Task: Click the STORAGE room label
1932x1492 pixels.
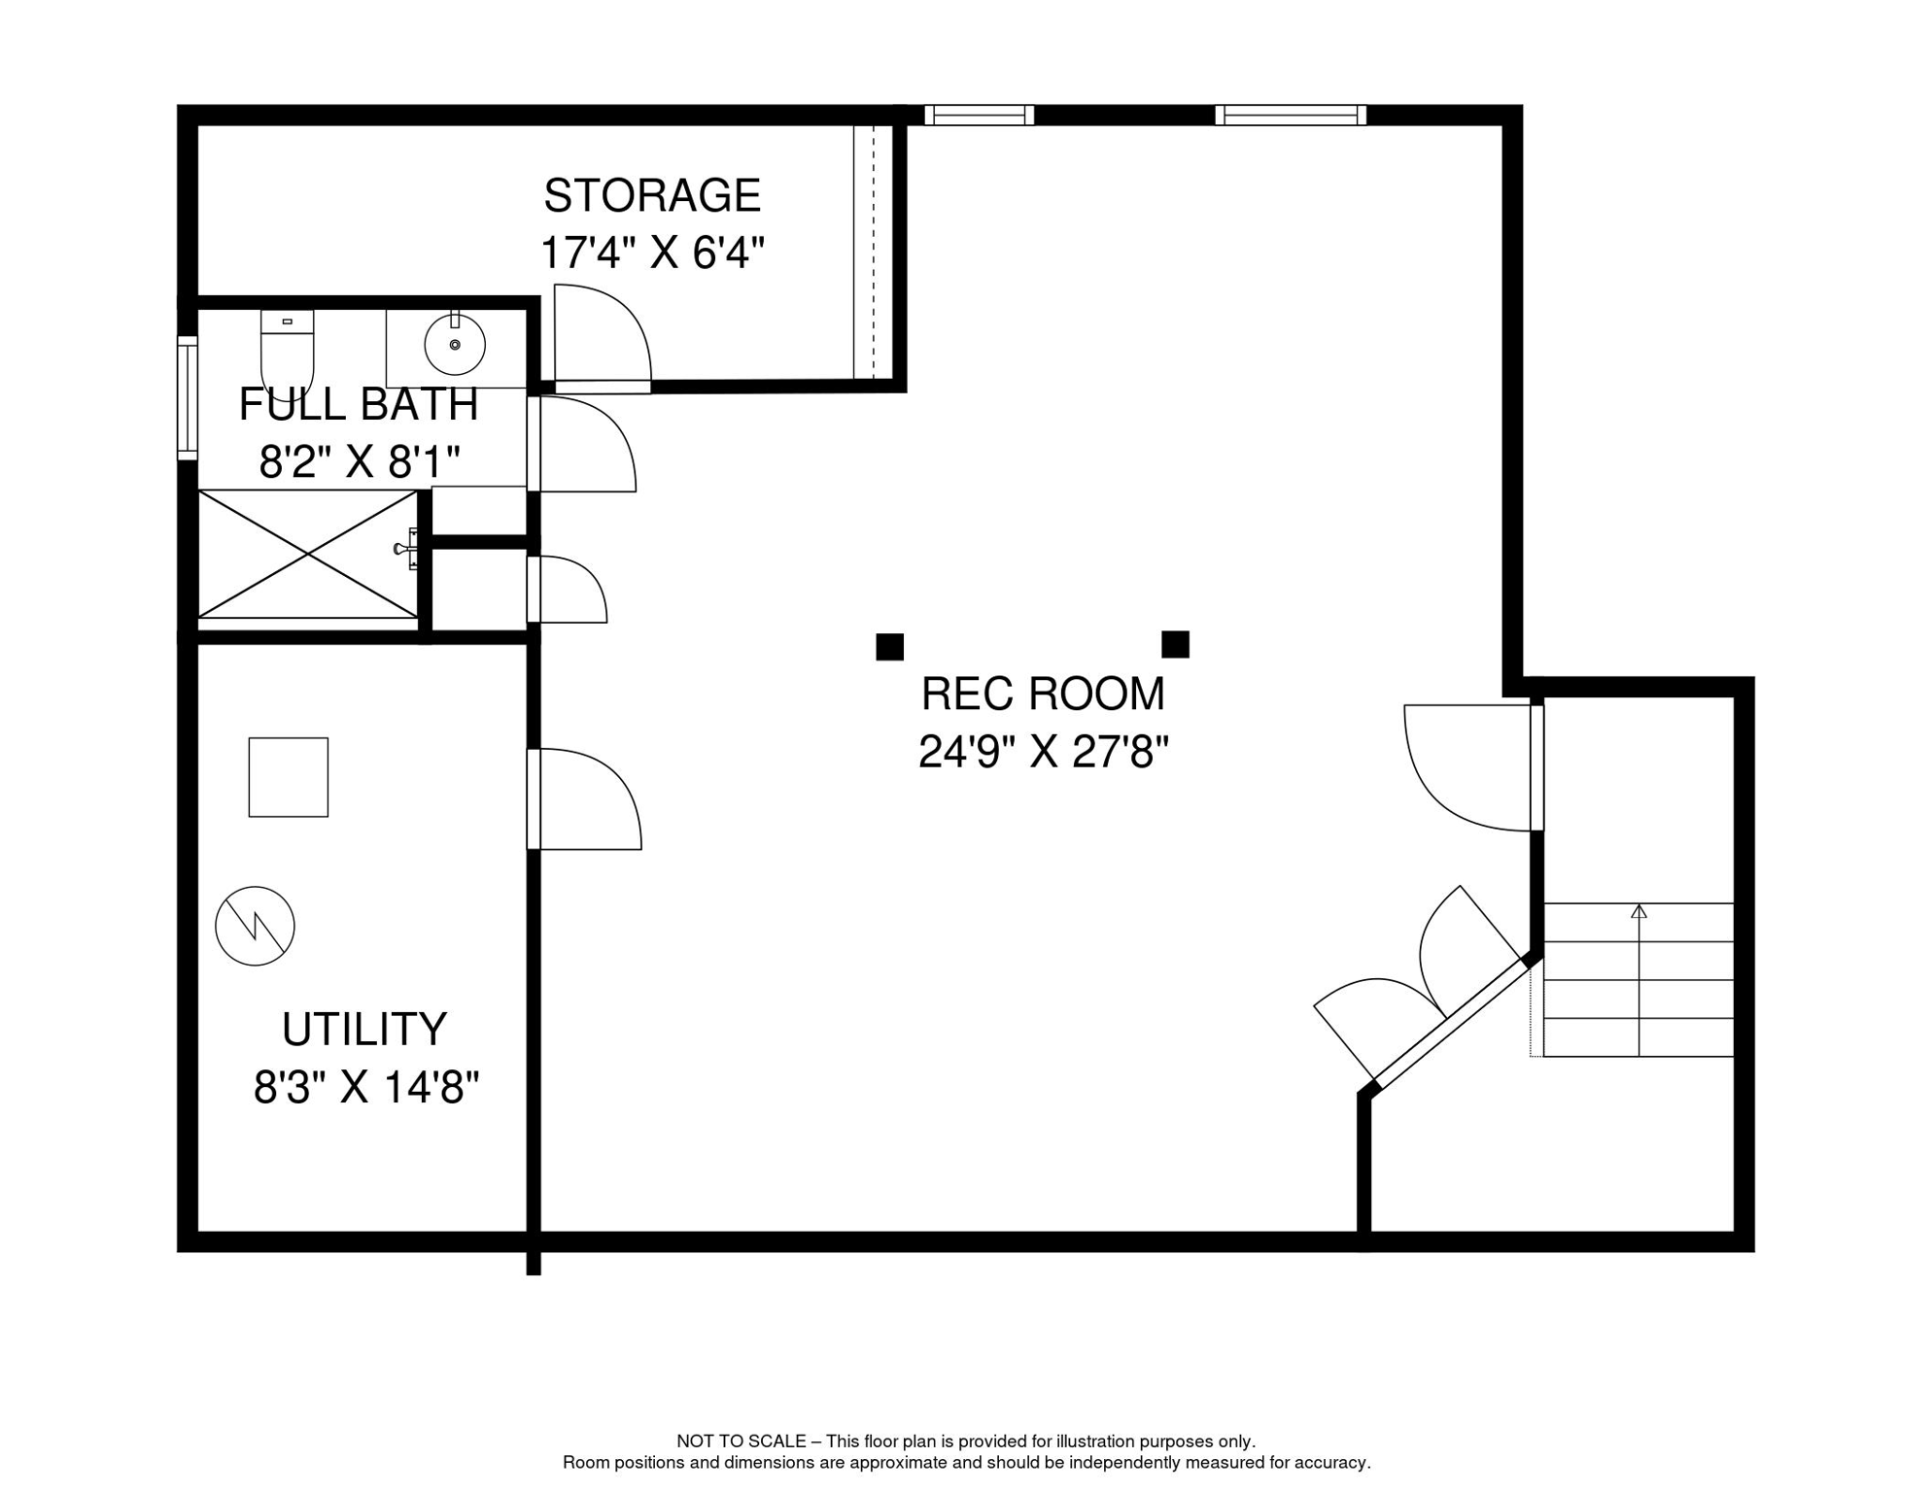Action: [x=652, y=196]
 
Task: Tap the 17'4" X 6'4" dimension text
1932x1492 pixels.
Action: [x=652, y=254]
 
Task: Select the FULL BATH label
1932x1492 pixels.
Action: [x=359, y=404]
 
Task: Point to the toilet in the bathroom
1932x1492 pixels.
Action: [x=287, y=352]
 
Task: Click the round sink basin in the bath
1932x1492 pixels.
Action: [x=455, y=345]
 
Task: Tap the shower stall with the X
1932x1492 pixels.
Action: [x=308, y=554]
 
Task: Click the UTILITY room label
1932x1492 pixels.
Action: [x=364, y=1030]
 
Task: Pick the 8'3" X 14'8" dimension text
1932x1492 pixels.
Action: [x=366, y=1088]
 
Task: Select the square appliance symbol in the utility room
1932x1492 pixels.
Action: [x=289, y=777]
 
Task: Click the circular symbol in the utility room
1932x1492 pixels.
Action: [x=255, y=926]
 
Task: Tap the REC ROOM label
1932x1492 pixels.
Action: [x=1043, y=694]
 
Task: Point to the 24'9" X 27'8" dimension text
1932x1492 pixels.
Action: [x=1043, y=752]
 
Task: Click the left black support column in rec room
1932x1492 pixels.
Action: [x=890, y=647]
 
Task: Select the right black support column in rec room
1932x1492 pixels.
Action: [x=1176, y=644]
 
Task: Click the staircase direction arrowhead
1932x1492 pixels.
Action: [x=1639, y=910]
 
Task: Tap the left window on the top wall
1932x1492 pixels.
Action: [x=979, y=116]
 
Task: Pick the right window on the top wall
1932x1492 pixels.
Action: [x=1291, y=116]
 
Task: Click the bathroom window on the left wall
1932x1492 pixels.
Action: [x=188, y=397]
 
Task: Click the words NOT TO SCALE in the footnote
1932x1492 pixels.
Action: [x=742, y=1441]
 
